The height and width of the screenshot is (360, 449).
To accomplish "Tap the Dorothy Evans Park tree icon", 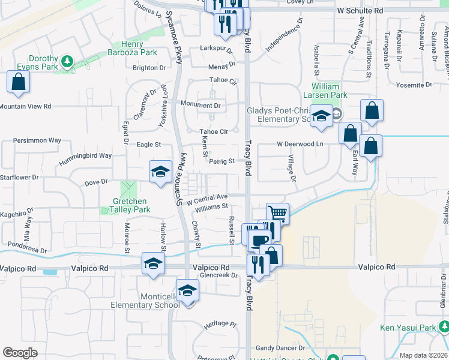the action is [67, 61].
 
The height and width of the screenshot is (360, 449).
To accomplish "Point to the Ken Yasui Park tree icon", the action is [444, 327].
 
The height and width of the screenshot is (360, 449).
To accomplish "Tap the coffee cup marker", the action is [260, 241].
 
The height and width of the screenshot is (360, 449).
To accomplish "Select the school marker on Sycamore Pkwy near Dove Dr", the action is [160, 172].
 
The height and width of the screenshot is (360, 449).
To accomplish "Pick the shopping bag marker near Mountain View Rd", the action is [18, 82].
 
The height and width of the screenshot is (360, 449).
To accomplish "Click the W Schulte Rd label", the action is [360, 11].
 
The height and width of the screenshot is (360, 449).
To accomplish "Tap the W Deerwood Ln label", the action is [300, 144].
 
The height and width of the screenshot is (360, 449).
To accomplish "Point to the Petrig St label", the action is [221, 161].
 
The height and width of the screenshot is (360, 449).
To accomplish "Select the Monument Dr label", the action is [200, 105].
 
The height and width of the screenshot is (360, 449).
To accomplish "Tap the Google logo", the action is [20, 352].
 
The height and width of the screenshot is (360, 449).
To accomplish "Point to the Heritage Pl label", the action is [220, 324].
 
